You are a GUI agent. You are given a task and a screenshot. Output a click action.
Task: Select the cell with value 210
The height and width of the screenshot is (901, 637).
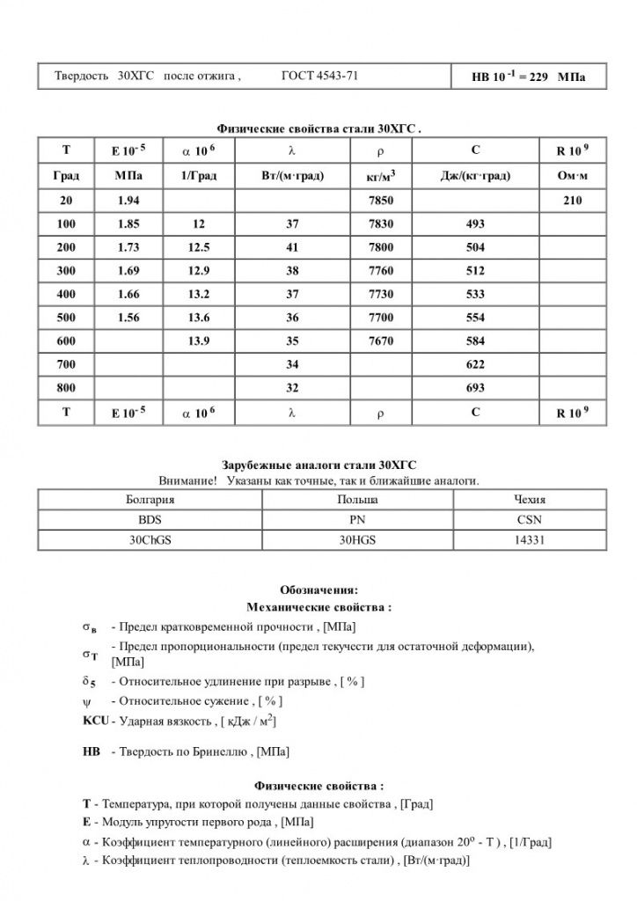pyautogui.click(x=573, y=201)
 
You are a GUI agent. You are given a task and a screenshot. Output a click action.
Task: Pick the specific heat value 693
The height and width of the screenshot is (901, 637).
pyautogui.click(x=475, y=387)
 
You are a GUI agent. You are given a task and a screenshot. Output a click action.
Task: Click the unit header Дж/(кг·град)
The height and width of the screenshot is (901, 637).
pyautogui.click(x=475, y=176)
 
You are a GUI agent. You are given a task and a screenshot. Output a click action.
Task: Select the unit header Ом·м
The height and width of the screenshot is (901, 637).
pyautogui.click(x=573, y=176)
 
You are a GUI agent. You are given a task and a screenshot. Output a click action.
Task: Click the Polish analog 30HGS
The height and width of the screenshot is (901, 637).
pyautogui.click(x=351, y=539)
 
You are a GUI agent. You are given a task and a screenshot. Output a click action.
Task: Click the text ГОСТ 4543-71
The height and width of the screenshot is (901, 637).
pyautogui.click(x=319, y=76)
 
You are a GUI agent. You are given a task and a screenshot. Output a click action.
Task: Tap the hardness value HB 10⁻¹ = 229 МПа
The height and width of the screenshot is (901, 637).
pyautogui.click(x=528, y=77)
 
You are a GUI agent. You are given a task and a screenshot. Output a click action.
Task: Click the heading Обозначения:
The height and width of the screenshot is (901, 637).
pyautogui.click(x=318, y=590)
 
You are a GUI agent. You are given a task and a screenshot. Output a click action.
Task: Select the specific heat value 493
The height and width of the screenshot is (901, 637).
pyautogui.click(x=475, y=224)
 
